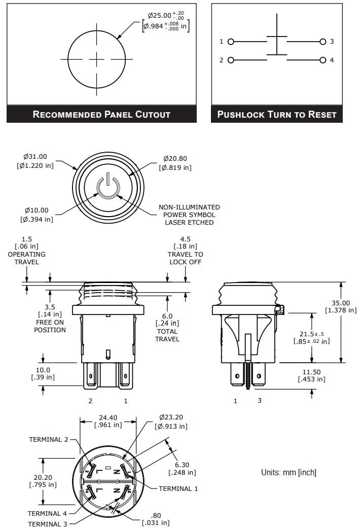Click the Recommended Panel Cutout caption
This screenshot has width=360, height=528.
[101, 114]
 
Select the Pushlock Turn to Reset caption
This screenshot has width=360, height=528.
[277, 114]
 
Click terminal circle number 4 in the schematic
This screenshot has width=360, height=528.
[323, 60]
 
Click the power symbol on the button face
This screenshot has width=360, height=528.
[109, 187]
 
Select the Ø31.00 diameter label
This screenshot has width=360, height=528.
[35, 157]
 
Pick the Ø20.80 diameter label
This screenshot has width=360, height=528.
[175, 158]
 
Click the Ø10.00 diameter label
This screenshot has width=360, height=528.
[36, 210]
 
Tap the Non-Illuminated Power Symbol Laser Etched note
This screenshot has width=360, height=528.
[189, 215]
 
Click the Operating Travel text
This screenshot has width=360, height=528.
[26, 258]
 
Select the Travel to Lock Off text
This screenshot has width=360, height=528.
[185, 258]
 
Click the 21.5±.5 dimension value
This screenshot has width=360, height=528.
[311, 334]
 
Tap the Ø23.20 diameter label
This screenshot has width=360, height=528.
[170, 417]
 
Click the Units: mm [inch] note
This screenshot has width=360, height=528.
[289, 472]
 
